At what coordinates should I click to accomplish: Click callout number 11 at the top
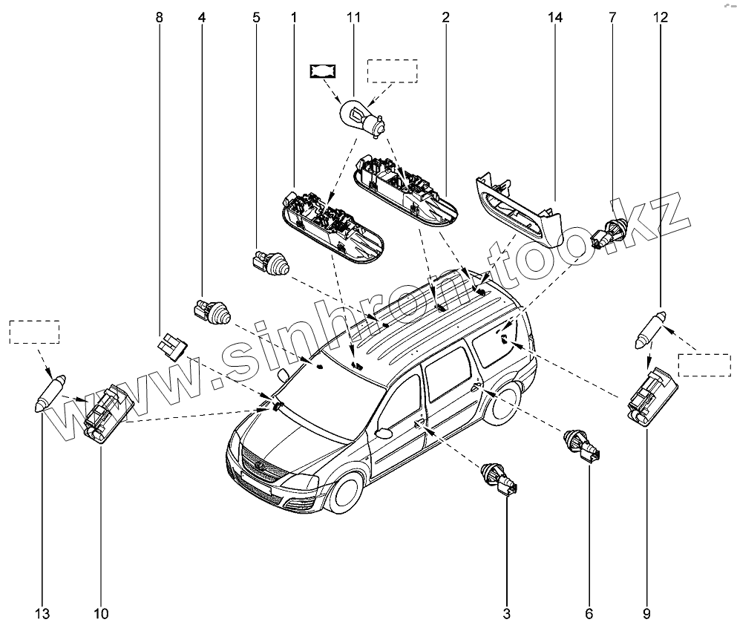click(353, 16)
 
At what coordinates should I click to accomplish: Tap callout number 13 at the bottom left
click(42, 613)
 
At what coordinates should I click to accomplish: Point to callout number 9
click(646, 613)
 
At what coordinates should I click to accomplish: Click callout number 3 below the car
click(507, 613)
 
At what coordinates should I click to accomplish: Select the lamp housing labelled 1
click(333, 227)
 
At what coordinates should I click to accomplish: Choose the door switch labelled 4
click(213, 312)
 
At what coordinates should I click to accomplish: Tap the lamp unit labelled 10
click(107, 416)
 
